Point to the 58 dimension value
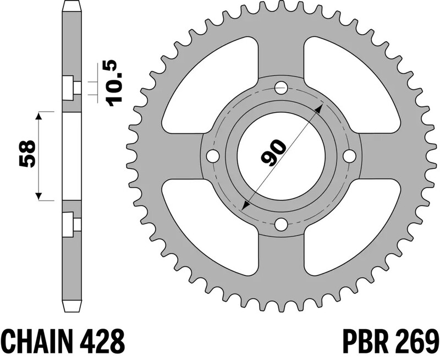(27, 155)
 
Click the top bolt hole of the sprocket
(281, 86)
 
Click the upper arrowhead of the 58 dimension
(38, 114)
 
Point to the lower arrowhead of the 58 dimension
(38, 195)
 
